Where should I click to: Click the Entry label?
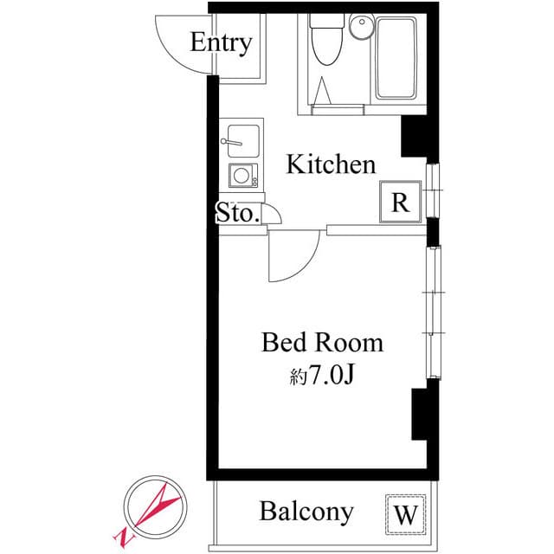(x=221, y=42)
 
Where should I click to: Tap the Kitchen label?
(x=331, y=164)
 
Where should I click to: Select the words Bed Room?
(x=322, y=343)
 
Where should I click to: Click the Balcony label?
(x=306, y=512)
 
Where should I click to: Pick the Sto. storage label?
(x=237, y=213)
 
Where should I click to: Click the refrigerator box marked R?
(x=401, y=203)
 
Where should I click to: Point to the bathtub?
(x=399, y=59)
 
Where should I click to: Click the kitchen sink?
(x=241, y=138)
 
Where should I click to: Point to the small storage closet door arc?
(x=271, y=214)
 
